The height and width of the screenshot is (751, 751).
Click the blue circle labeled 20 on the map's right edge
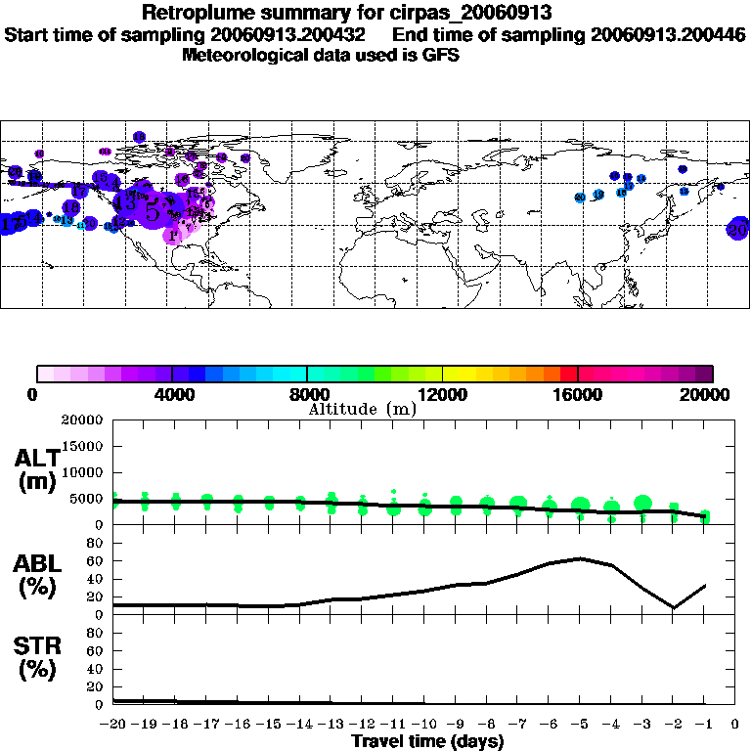739,230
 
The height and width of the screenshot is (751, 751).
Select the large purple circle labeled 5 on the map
153,210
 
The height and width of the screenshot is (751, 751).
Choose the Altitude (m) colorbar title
362,409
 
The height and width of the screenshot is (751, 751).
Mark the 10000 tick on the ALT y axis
83,472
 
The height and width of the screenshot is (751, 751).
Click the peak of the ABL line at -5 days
581,558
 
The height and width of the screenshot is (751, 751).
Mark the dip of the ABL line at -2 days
674,607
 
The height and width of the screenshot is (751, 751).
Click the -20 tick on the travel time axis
114,725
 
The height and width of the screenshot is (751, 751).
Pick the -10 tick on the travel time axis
425,725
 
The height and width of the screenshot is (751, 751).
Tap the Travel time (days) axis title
427,742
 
